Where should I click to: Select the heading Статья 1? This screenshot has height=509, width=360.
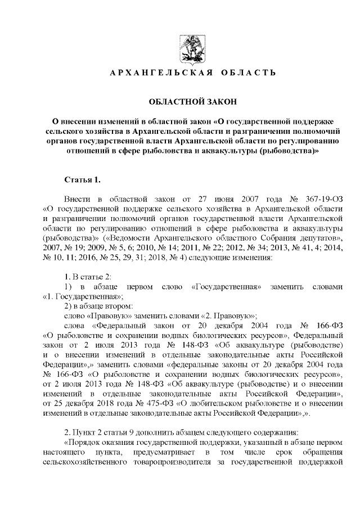click(x=83, y=180)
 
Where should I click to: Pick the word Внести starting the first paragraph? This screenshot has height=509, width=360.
click(x=77, y=200)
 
